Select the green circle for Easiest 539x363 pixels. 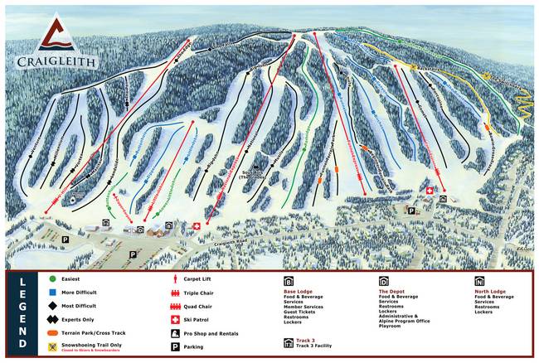[x=52, y=279]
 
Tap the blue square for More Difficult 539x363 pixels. [x=52, y=292]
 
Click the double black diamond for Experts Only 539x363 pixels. [x=52, y=317]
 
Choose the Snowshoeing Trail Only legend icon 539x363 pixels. [x=52, y=344]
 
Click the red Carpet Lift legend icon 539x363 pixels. [x=176, y=279]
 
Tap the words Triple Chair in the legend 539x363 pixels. [x=206, y=293]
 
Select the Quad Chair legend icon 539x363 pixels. [x=176, y=305]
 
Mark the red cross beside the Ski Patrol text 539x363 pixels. [x=176, y=319]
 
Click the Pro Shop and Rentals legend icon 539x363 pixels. [x=176, y=333]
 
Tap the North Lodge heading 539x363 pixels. [x=490, y=292]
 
